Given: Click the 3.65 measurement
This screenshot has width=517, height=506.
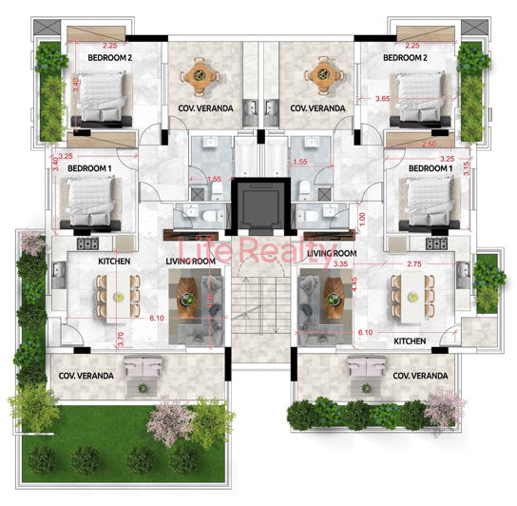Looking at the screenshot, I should point(382,98).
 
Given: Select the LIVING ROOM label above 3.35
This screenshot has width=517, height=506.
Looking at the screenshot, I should point(333,253).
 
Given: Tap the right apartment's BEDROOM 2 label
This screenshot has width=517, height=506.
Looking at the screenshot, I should point(409,57).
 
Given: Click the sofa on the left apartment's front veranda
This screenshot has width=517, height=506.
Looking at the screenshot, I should point(142,367).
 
